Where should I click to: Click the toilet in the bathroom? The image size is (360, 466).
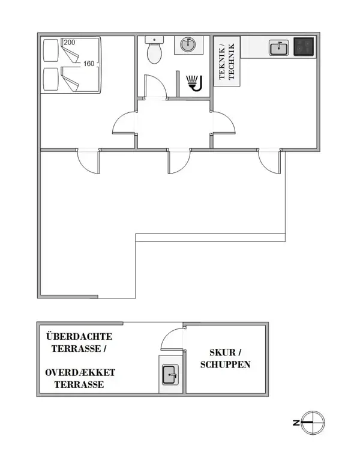point(154,51)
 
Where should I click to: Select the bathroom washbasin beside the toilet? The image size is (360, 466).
point(188,45)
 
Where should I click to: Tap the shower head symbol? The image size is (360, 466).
point(194,83)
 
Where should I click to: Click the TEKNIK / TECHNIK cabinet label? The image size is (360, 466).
point(228,61)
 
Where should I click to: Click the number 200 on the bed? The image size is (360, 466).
point(69,43)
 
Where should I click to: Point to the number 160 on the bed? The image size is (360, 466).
point(89,64)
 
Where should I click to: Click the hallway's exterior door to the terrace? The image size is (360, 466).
point(178,160)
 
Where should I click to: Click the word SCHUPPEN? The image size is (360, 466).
point(225,365)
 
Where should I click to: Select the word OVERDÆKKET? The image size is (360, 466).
point(80,373)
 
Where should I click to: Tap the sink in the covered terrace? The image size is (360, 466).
point(170,375)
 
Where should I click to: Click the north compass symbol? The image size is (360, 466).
point(313,423)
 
